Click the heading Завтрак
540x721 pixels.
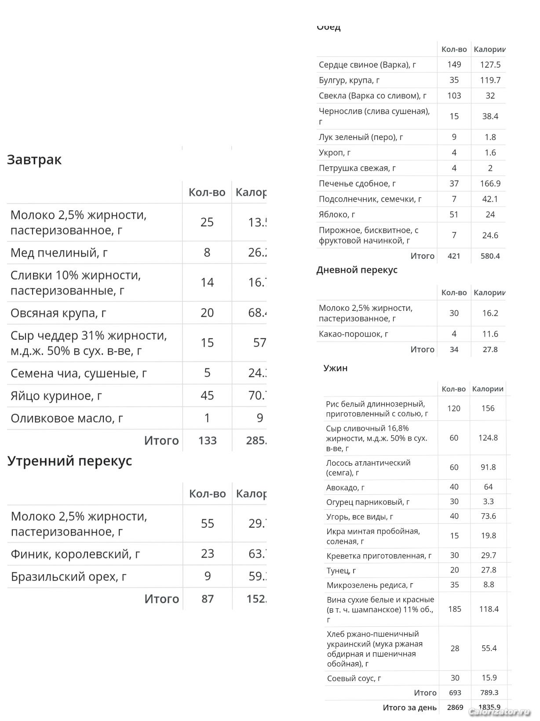point(34,159)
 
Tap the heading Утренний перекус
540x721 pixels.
point(69,461)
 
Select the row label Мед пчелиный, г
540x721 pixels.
point(59,253)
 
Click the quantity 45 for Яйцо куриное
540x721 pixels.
point(207,395)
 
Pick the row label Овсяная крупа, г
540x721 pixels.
point(58,313)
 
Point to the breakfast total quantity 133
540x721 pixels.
point(208,441)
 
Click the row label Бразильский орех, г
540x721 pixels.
point(69,576)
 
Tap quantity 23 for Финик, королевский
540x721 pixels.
point(208,553)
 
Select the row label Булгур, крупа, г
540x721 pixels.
point(349,80)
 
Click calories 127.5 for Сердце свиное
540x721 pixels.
point(490,65)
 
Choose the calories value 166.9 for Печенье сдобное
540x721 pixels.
point(490,184)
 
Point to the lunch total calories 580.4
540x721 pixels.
point(490,256)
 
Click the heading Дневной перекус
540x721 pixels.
point(357,270)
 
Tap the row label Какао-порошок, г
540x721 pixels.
point(353,334)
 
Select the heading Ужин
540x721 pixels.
point(336,368)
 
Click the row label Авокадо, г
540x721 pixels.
point(345,487)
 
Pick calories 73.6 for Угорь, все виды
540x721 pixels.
point(488,516)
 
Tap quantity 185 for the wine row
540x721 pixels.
point(455,609)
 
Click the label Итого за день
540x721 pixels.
point(409,708)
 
